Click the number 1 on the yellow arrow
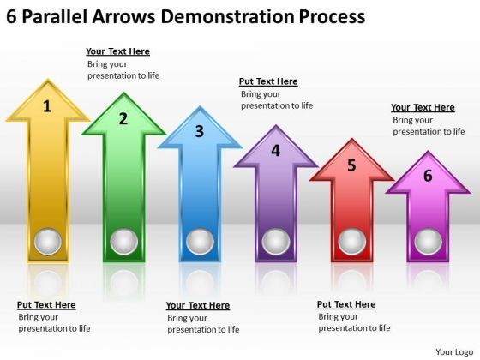click(x=47, y=106)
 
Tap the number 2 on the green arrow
click(x=123, y=118)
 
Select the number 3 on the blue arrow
click(x=199, y=131)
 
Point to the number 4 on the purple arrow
click(x=275, y=151)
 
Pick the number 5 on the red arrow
click(x=351, y=165)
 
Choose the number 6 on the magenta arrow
click(x=427, y=177)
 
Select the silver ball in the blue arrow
click(x=199, y=242)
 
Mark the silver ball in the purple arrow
click(x=275, y=242)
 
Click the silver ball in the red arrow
click(x=351, y=242)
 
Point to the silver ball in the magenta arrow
click(x=427, y=242)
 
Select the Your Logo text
click(x=454, y=351)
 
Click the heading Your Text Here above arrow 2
click(x=117, y=51)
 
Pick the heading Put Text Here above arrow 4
click(x=268, y=81)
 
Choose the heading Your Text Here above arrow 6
click(x=423, y=107)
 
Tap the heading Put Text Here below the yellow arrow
click(x=46, y=304)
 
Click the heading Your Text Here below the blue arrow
click(x=197, y=305)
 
